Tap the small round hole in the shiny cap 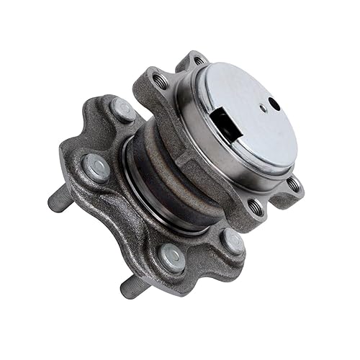(274, 104)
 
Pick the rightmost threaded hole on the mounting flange (293, 184)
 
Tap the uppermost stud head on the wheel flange (122, 109)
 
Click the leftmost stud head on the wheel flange (95, 168)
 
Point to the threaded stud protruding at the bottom (134, 287)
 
